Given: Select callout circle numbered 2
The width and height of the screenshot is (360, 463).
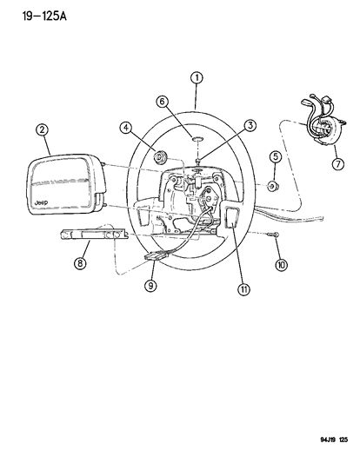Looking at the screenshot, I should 41,132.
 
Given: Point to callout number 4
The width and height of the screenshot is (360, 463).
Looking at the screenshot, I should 126,129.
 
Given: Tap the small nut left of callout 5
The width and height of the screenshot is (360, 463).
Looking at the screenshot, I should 271,186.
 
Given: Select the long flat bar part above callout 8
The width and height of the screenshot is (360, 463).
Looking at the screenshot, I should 91,235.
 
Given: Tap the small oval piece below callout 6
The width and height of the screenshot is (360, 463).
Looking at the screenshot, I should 196,137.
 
